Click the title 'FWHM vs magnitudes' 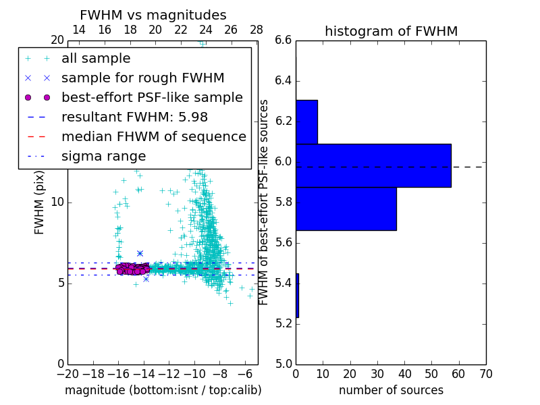tap(153, 15)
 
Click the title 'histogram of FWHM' tap(391, 31)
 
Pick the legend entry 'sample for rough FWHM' tap(142, 78)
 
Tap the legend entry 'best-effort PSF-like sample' tap(152, 97)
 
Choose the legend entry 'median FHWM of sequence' tap(153, 136)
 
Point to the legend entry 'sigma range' tap(103, 156)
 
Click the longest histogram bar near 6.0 tap(373, 165)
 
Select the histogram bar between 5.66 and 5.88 tap(346, 209)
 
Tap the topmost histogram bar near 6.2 tap(306, 122)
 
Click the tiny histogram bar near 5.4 tap(297, 296)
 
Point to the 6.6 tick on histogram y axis tap(283, 40)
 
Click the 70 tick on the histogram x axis tap(485, 374)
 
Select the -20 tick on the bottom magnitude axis tap(67, 374)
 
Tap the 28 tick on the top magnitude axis tap(256, 30)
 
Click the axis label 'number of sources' tap(391, 390)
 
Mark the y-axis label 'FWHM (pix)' tap(40, 202)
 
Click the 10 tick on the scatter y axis tap(57, 202)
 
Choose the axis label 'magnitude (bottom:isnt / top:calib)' tap(163, 390)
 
